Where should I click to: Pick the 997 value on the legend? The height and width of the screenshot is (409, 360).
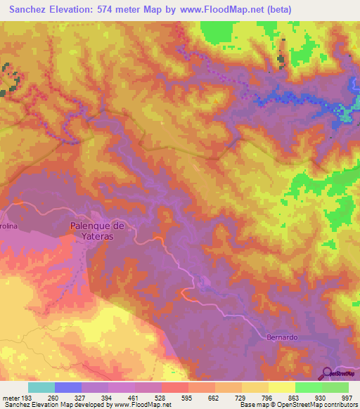point(347,398)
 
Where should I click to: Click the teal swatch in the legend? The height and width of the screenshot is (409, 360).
point(41,387)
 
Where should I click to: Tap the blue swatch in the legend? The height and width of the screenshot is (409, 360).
point(68,387)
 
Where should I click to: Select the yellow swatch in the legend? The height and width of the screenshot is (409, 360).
point(281,387)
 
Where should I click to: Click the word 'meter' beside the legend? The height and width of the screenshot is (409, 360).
point(11,398)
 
